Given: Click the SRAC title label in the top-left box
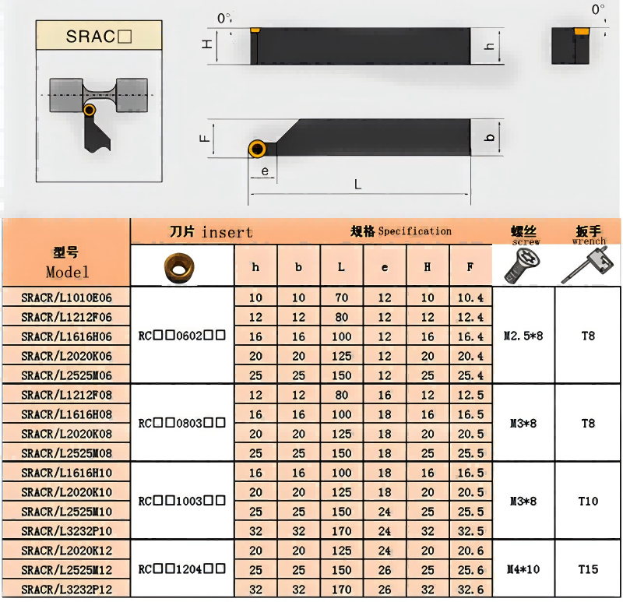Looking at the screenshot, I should [99, 37].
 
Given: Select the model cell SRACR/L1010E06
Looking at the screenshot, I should [66, 297].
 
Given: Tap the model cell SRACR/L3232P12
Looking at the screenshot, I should [66, 590].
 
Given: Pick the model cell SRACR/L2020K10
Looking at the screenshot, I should [66, 492].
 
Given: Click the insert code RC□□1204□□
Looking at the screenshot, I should [182, 569].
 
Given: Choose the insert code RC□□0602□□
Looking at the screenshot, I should [182, 336].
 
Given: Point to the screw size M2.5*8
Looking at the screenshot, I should [523, 336].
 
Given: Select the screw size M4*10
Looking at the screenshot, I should [523, 569].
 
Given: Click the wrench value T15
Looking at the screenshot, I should [588, 569].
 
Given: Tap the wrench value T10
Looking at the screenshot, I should [588, 501].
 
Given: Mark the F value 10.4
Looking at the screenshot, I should [470, 297].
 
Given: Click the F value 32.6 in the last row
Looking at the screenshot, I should [470, 590].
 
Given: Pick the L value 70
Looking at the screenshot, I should [341, 297].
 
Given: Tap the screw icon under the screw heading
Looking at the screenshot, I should [523, 267].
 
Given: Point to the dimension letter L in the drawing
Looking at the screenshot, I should [357, 185].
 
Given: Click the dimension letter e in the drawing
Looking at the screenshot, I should [265, 171].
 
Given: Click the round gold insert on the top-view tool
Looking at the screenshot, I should [257, 148].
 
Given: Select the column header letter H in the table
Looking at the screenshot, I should [427, 267].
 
